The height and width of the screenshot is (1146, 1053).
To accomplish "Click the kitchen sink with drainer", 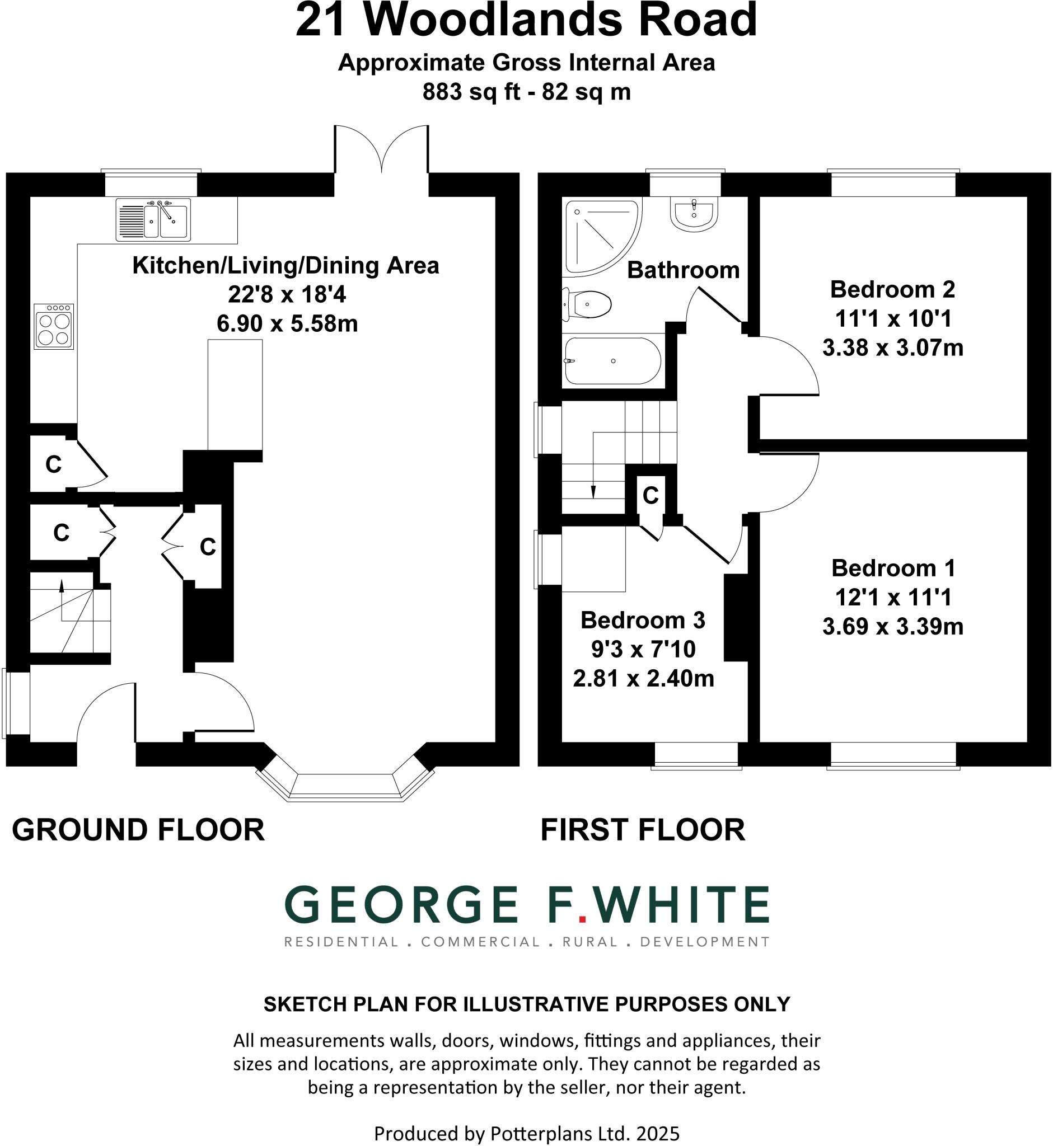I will [x=153, y=219].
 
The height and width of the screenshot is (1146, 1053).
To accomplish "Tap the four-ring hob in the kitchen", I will [x=54, y=326].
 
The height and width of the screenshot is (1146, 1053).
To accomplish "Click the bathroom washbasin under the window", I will [x=694, y=214].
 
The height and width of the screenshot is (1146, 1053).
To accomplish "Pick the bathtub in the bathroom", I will [x=612, y=360].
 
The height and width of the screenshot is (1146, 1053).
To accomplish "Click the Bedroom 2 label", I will [x=892, y=289].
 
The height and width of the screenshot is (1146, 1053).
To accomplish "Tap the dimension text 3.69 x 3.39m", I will [x=892, y=627].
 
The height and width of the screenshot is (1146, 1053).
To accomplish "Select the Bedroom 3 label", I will [x=643, y=620].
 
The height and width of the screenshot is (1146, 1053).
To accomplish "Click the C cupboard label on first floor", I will [x=650, y=496].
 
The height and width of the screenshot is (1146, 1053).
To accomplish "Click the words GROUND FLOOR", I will [x=138, y=829].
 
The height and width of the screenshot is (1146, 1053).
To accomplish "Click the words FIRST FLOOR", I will [x=642, y=829].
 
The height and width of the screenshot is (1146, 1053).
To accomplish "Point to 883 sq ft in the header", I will [x=471, y=92].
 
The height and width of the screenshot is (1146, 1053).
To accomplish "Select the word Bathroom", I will [x=683, y=270].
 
